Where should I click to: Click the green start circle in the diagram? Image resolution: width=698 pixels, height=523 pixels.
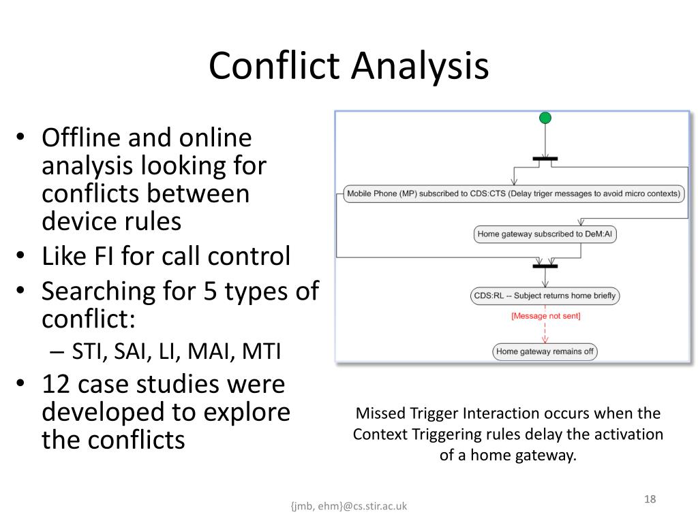545,118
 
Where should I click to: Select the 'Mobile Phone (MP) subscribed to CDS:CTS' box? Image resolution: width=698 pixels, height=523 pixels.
513,193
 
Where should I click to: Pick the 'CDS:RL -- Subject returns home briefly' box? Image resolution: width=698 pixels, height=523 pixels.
545,296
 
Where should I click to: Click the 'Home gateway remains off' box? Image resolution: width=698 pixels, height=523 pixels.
545,351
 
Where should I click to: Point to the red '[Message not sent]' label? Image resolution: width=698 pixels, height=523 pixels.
545,316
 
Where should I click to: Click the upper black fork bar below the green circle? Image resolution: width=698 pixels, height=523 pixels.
545,159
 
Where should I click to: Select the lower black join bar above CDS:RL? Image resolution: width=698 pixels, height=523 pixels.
545,266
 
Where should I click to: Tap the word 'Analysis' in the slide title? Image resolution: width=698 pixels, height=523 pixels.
421,66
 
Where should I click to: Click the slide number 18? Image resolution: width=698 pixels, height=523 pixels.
650,500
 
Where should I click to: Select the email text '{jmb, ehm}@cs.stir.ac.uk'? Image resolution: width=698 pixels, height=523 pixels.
348,506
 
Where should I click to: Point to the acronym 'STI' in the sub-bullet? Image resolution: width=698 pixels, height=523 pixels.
87,352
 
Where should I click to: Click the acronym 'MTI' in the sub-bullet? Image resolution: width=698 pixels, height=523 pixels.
262,352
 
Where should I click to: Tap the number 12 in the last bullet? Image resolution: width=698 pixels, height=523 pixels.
56,384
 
